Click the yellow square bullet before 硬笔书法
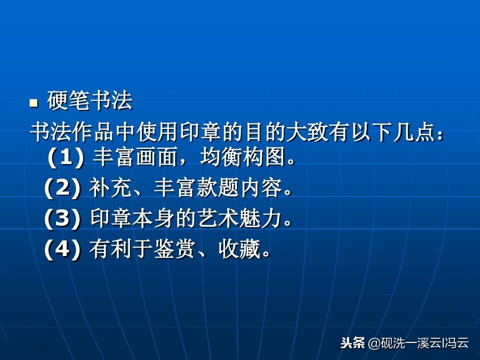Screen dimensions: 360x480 coord(33,104)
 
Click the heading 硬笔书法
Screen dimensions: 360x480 coord(90,102)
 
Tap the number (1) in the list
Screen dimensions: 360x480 coord(66,158)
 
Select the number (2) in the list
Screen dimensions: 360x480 coord(62,189)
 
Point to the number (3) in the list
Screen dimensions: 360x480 coord(62,219)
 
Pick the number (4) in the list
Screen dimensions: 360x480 coord(62,250)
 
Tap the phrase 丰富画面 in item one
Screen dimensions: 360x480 coord(135,158)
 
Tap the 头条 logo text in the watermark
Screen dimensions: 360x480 coord(352,343)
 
